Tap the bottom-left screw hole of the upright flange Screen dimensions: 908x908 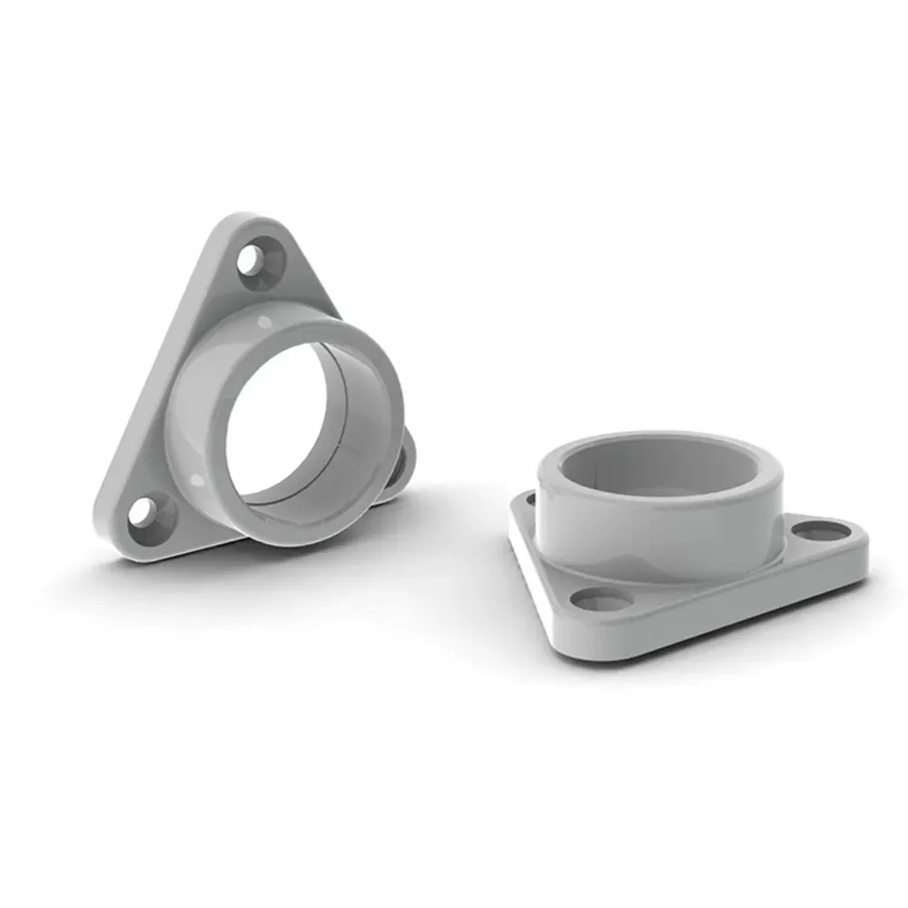pyautogui.click(x=144, y=511)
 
